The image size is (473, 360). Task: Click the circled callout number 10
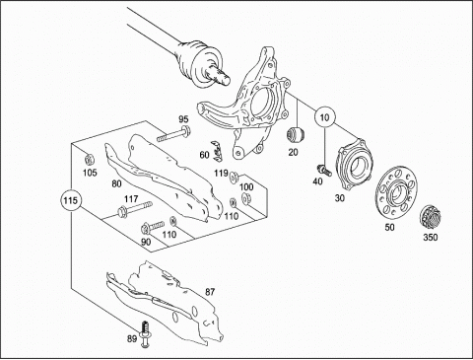pos(324,117)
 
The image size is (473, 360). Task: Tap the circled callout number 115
pos(71,200)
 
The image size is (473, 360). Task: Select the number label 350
pos(430,237)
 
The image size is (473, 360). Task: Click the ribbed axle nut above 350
pos(431,219)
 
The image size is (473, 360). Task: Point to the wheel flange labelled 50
pos(397,193)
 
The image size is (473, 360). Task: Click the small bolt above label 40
pos(324,170)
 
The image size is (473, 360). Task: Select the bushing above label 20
pos(296,135)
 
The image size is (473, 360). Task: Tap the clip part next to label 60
pos(217,151)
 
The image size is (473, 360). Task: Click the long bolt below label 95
pos(173,134)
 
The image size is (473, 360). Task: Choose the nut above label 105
pos(90,160)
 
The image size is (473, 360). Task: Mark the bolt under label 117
pos(134,209)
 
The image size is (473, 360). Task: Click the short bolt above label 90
pos(152,227)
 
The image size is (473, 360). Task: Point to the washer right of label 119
pos(235,178)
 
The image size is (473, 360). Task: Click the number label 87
pos(210,292)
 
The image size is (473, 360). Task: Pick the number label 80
pos(116,183)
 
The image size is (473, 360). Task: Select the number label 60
pos(204,154)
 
